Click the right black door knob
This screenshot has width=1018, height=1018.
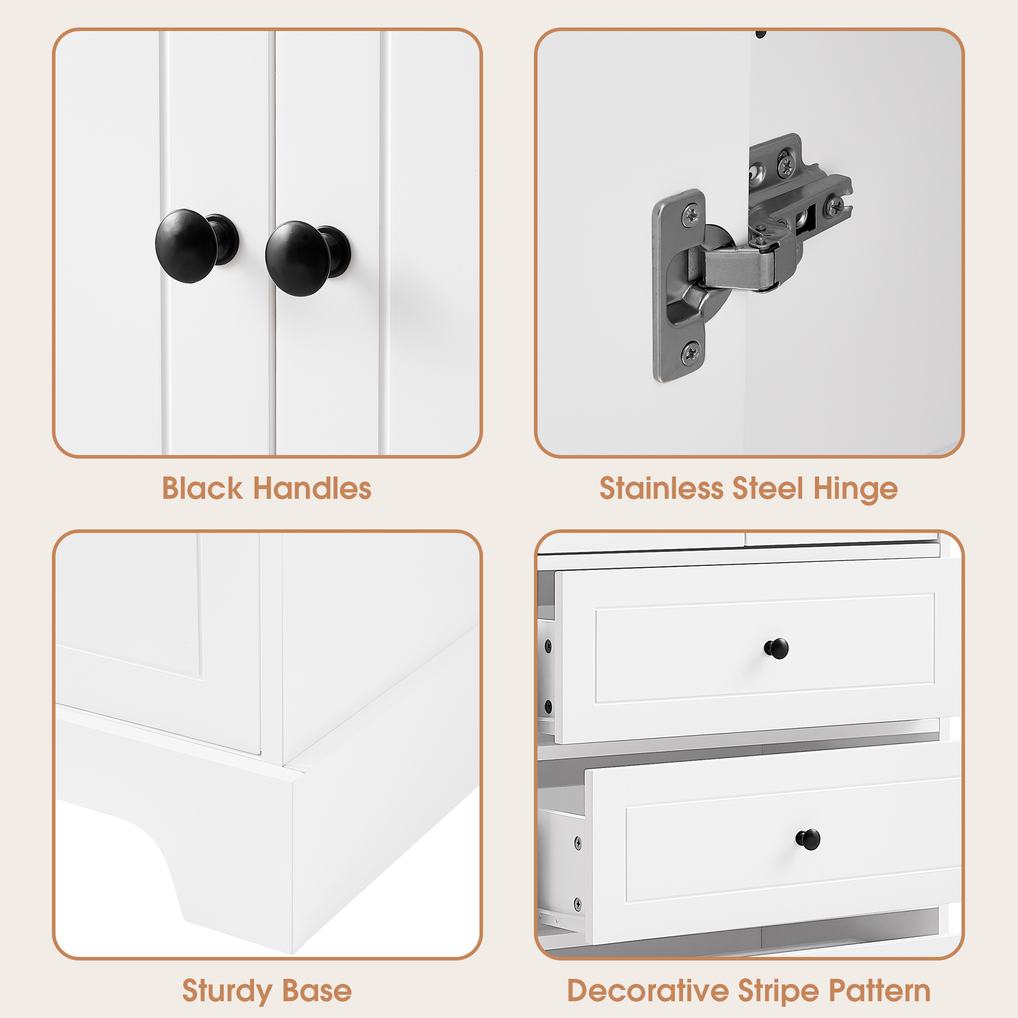(298, 258)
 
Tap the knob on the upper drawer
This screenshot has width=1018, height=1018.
(776, 648)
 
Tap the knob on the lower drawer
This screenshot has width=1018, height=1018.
(807, 839)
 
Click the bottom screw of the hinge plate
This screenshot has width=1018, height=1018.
(691, 351)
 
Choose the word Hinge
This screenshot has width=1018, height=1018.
(855, 489)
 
